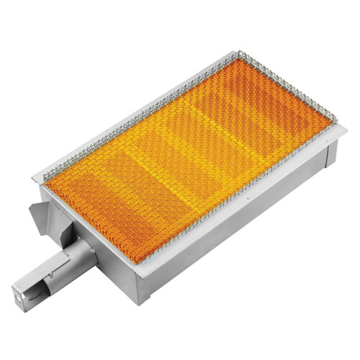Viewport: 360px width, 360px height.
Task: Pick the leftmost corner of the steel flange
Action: [x=35, y=179]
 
